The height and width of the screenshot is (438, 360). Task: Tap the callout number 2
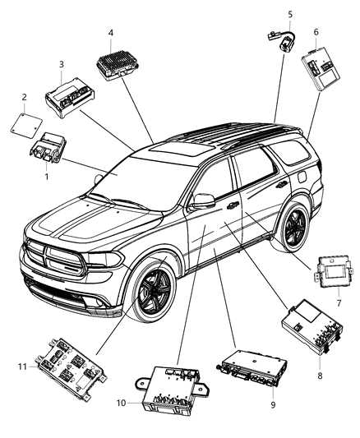(x=24, y=97)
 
